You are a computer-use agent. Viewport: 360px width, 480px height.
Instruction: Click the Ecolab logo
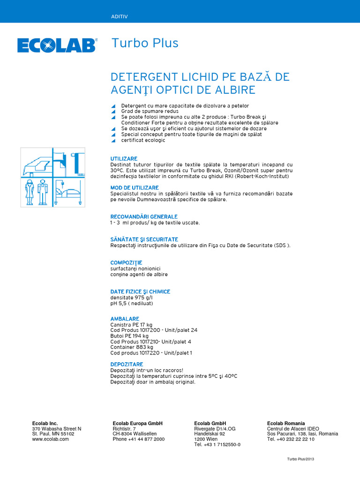tap(57, 45)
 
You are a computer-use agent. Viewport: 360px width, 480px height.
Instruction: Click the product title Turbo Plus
tap(145, 43)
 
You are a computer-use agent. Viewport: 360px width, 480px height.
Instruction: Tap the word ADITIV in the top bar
tap(120, 16)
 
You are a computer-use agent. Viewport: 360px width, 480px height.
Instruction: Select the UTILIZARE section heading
tap(124, 159)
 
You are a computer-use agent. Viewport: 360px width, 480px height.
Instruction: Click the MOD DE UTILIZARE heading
tap(135, 187)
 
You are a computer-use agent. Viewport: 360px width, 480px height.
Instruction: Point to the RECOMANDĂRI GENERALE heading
tap(144, 217)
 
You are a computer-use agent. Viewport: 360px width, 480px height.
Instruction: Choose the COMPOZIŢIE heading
tap(126, 262)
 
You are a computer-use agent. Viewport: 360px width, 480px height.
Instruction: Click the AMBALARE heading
tap(125, 319)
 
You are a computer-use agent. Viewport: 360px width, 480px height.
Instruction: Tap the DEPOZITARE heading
tap(127, 364)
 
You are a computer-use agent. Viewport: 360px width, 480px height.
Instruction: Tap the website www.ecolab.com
tap(51, 439)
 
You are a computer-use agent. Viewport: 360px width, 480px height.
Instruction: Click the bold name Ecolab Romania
tap(286, 423)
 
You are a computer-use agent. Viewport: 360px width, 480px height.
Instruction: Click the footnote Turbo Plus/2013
tap(300, 459)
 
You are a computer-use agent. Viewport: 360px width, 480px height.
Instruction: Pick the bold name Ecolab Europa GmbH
tap(138, 423)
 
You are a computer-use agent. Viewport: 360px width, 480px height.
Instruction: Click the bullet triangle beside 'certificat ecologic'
tap(113, 141)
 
